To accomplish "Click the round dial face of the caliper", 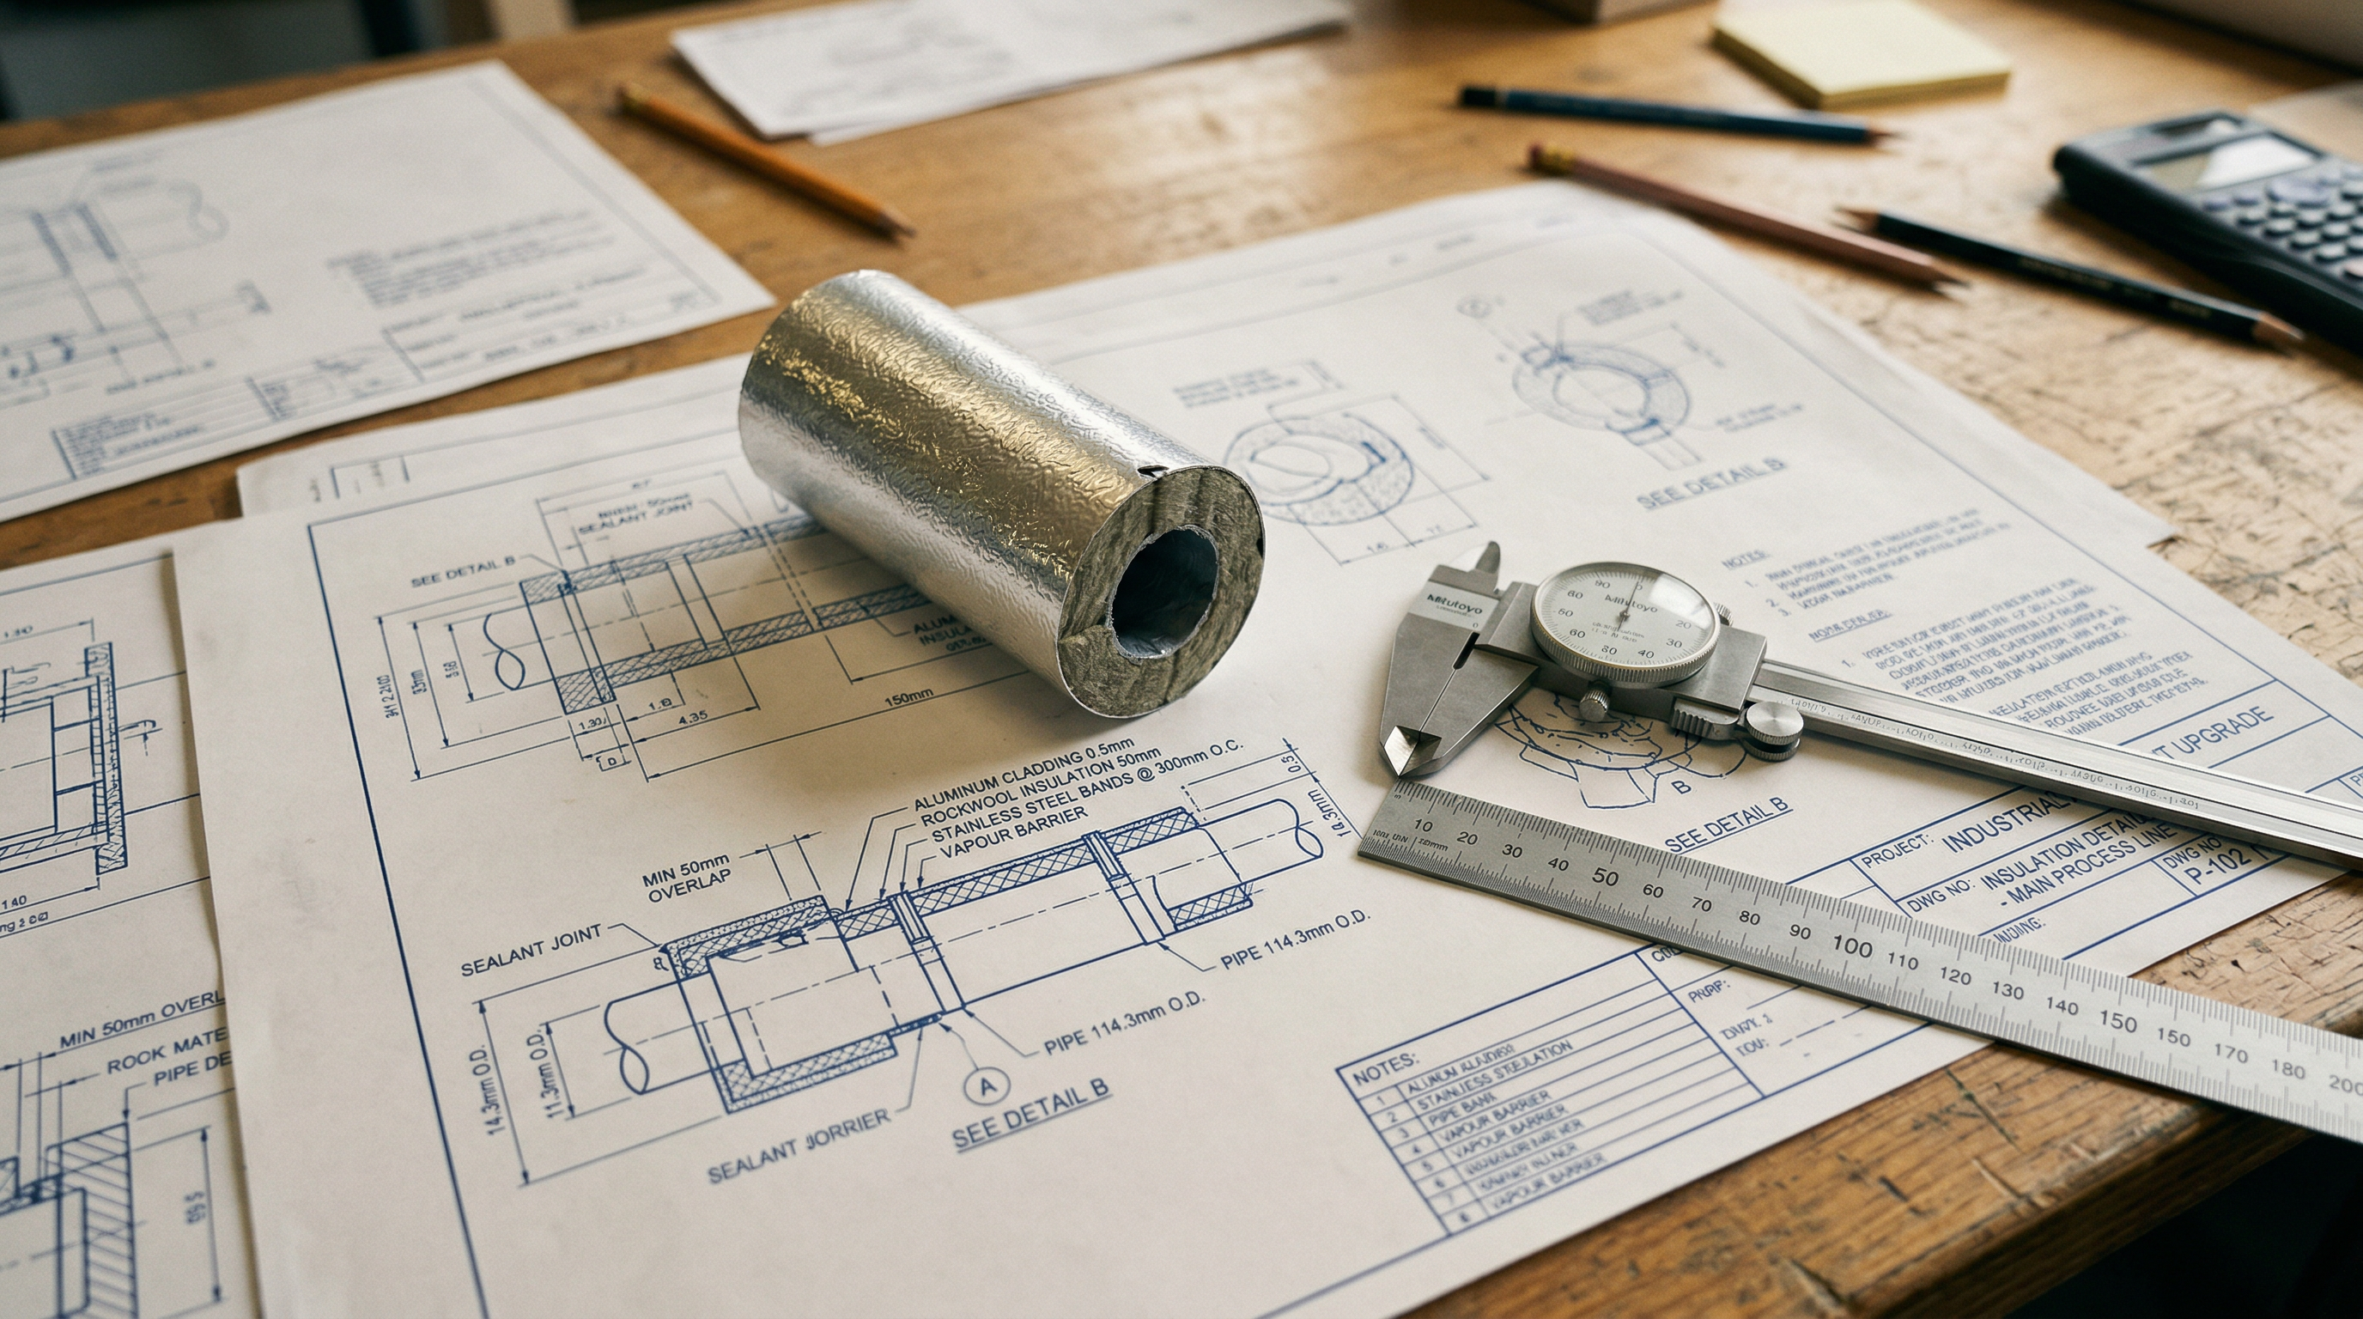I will [x=1624, y=623].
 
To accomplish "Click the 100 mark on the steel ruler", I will [x=1851, y=945].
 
